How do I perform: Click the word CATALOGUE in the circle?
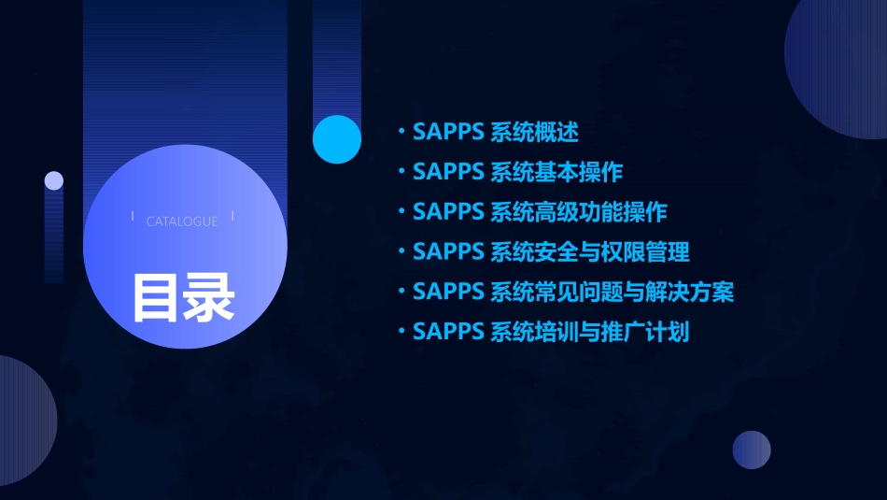[182, 221]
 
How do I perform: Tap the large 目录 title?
[183, 296]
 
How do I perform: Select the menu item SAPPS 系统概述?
[496, 132]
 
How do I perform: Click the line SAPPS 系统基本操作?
[517, 172]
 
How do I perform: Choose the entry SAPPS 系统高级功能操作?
[540, 212]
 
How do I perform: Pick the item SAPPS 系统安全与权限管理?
[551, 251]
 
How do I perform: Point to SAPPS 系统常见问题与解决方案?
[573, 292]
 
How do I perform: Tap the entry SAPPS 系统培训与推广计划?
[551, 332]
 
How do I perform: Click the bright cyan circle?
[337, 139]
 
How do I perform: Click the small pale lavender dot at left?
[54, 180]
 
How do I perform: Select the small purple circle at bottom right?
[752, 450]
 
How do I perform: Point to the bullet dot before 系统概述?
[401, 132]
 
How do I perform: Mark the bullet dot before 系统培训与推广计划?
[401, 332]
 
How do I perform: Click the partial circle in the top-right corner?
[840, 65]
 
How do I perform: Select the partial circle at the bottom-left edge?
[23, 421]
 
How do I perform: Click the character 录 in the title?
[209, 296]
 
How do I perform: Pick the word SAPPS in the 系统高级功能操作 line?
[447, 212]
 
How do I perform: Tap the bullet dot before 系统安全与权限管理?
[401, 251]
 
